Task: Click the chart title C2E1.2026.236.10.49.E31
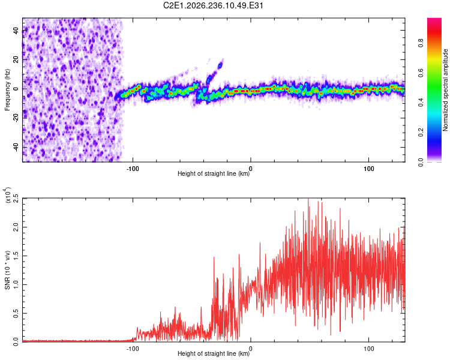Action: pyautogui.click(x=213, y=5)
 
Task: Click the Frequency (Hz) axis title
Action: pyautogui.click(x=7, y=90)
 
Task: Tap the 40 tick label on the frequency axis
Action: pyautogui.click(x=16, y=30)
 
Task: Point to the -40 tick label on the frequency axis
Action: pyautogui.click(x=16, y=147)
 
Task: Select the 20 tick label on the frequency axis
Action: pyautogui.click(x=16, y=59)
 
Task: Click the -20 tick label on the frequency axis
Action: pyautogui.click(x=16, y=118)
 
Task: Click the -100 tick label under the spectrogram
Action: pyautogui.click(x=133, y=169)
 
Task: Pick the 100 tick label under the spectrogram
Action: pyautogui.click(x=369, y=169)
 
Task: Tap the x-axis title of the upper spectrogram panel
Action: pyautogui.click(x=214, y=173)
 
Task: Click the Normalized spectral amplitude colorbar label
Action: pyautogui.click(x=445, y=90)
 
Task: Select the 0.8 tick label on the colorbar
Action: pyautogui.click(x=421, y=43)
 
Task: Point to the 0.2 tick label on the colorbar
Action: pyautogui.click(x=421, y=133)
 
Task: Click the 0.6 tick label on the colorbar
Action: pyautogui.click(x=421, y=73)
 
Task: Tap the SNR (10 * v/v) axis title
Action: pyautogui.click(x=7, y=270)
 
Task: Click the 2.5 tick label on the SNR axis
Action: pyautogui.click(x=16, y=198)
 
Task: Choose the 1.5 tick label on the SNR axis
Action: pyautogui.click(x=16, y=256)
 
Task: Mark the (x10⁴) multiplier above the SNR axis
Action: pyautogui.click(x=8, y=195)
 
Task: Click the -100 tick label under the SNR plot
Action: pyautogui.click(x=133, y=349)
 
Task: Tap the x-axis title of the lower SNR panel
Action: pyautogui.click(x=214, y=353)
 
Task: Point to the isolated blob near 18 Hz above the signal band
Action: pyautogui.click(x=220, y=65)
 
